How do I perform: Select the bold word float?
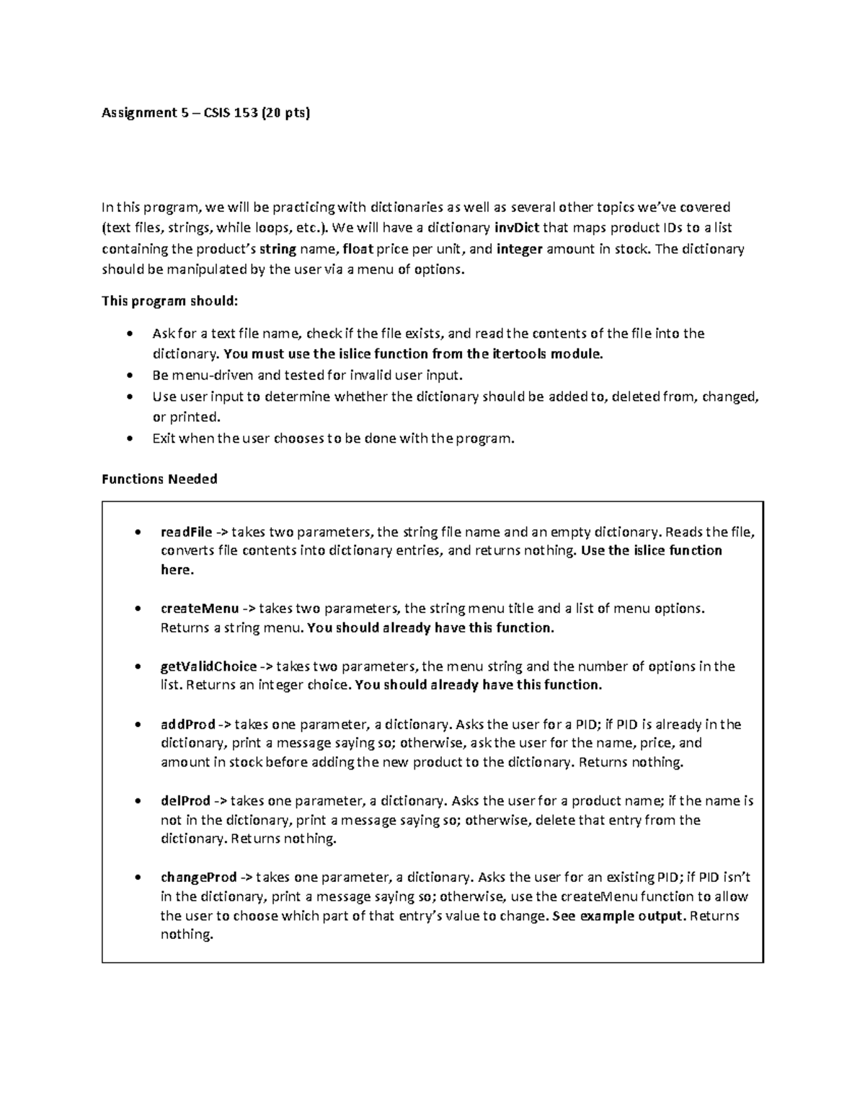pos(359,250)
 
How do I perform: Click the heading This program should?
pos(169,301)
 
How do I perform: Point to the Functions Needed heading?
pos(159,479)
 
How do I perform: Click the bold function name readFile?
pos(186,532)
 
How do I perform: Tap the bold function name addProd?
pos(187,724)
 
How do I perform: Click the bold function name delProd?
pos(185,801)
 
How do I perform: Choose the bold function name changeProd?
pos(198,878)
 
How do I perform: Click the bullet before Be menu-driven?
pos(129,376)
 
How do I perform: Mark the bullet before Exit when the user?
pos(129,438)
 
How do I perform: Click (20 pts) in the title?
pos(286,113)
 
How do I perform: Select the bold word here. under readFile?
pos(177,570)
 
